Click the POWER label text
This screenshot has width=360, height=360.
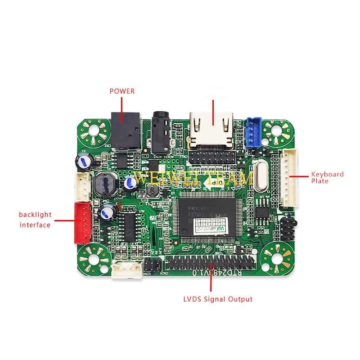(x=122, y=91)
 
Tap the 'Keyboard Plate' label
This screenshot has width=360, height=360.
(x=327, y=177)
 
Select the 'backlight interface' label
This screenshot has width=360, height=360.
(x=35, y=220)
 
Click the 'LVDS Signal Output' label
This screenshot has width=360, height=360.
(x=218, y=299)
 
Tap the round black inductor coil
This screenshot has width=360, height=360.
(x=104, y=184)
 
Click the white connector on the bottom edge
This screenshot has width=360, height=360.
(x=127, y=270)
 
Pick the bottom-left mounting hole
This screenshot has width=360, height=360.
(x=94, y=260)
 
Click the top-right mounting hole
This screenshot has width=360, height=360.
(x=277, y=131)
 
